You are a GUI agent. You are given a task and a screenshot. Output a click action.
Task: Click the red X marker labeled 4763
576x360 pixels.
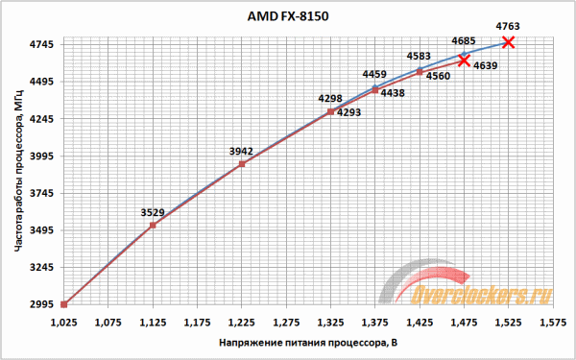point(508,42)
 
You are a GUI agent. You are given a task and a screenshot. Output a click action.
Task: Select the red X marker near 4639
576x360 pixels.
point(464,60)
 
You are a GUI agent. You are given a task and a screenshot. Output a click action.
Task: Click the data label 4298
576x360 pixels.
point(330,98)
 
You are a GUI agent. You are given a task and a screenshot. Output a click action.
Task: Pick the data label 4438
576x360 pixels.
point(392,93)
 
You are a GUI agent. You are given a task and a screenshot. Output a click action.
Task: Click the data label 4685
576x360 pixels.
point(465,40)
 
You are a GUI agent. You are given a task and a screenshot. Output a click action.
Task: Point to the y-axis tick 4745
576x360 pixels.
point(42,45)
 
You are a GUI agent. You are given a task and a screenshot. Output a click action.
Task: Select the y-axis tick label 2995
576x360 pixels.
point(42,305)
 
